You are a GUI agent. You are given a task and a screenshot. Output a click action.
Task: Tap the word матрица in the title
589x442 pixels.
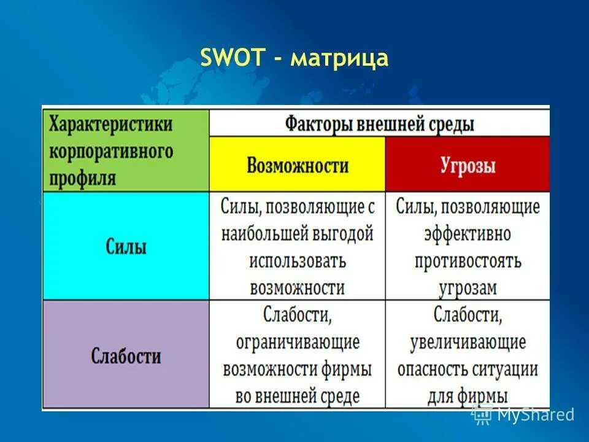point(339,59)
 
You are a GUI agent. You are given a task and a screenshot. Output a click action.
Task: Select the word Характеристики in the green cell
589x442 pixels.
point(111,123)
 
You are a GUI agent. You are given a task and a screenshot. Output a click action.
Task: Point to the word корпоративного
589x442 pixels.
point(111,151)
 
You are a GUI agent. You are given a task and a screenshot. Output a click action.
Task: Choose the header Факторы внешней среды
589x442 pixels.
point(379,124)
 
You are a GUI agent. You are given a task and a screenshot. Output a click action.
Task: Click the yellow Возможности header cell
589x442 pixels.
point(298,165)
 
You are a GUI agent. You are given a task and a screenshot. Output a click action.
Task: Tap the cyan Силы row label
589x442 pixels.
point(125,247)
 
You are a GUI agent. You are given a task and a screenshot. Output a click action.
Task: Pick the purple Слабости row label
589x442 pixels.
point(126,355)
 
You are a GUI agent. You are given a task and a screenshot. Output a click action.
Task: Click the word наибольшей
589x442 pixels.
point(263,234)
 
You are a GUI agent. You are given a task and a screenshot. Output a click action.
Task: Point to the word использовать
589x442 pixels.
point(298,260)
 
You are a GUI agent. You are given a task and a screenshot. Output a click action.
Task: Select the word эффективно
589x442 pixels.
point(467,234)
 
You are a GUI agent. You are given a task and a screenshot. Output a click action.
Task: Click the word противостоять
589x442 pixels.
point(468,261)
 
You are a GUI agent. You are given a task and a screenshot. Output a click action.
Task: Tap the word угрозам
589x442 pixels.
point(468,287)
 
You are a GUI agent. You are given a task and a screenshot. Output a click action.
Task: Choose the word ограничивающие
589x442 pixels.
point(298,342)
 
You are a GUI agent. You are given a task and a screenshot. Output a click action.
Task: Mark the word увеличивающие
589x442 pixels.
point(468,342)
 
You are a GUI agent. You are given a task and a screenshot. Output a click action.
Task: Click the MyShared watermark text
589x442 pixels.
point(535,415)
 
